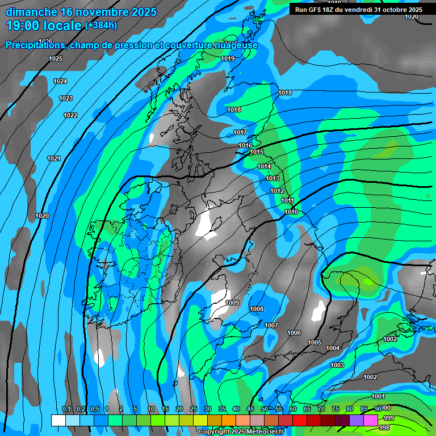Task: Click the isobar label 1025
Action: tap(56, 59)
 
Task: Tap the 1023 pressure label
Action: tap(66, 99)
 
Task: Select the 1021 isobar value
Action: tap(53, 159)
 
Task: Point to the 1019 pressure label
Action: tap(228, 59)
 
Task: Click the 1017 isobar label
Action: tap(240, 133)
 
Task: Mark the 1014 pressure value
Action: tap(264, 167)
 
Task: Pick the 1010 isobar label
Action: tap(291, 212)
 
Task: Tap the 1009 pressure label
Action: tap(232, 303)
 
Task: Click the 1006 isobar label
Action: tap(294, 333)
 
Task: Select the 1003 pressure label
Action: tap(337, 365)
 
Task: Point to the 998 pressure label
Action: tap(384, 427)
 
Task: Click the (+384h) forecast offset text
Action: tap(101, 26)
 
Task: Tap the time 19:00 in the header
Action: tap(25, 26)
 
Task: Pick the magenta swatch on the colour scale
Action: tap(370, 420)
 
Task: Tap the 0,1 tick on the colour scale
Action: tap(66, 409)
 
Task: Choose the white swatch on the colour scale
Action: tap(58, 420)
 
